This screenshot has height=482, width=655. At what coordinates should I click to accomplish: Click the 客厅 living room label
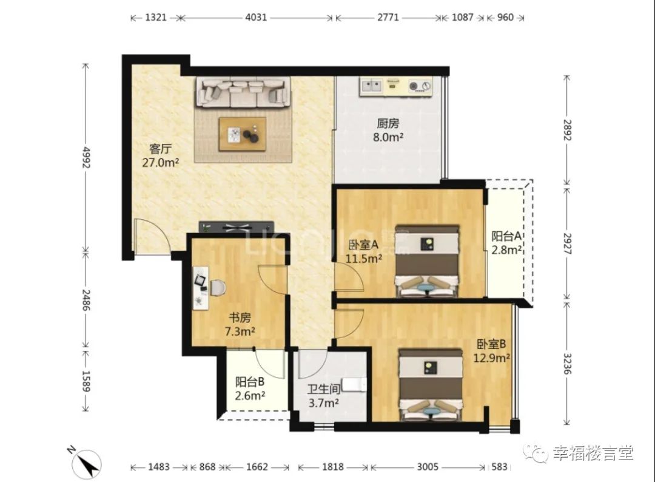click(x=160, y=148)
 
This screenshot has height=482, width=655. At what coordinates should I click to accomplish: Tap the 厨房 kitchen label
click(x=388, y=123)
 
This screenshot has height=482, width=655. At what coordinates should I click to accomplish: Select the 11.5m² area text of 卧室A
click(x=363, y=259)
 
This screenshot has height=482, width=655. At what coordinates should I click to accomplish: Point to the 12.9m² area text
click(x=491, y=358)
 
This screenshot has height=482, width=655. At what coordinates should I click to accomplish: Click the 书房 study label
click(x=240, y=317)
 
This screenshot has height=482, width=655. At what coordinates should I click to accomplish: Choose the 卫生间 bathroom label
click(x=324, y=389)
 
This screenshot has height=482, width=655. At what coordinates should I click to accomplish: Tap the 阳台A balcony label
click(x=506, y=236)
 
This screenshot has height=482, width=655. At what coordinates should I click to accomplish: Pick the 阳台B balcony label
click(x=250, y=382)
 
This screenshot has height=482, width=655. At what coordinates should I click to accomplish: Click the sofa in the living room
click(x=243, y=92)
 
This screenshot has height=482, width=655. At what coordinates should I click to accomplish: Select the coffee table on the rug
click(x=242, y=134)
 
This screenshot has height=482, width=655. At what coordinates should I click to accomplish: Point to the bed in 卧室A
click(x=428, y=261)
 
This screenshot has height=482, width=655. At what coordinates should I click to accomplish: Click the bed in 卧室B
click(x=431, y=385)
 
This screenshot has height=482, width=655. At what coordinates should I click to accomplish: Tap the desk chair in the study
click(x=217, y=288)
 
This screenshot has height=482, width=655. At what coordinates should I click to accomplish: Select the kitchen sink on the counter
click(x=372, y=86)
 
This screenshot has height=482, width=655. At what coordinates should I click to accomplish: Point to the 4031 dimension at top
click(x=256, y=18)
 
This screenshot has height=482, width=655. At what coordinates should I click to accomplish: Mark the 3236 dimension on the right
click(x=567, y=364)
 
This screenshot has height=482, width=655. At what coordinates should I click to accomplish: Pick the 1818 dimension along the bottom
click(x=333, y=467)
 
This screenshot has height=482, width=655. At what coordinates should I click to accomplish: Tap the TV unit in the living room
click(x=237, y=227)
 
